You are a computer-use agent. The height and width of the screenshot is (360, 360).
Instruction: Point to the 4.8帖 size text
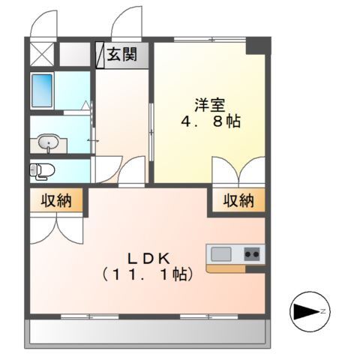coord(209,121)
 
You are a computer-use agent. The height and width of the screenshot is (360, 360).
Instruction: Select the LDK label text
coord(146,256)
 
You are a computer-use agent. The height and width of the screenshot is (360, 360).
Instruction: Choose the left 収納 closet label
coord(55,201)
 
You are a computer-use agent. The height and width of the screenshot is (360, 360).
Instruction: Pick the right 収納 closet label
coord(238,200)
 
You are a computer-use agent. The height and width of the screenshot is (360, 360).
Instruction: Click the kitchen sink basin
coord(220,254)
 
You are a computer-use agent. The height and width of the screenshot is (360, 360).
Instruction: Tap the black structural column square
coord(257,44)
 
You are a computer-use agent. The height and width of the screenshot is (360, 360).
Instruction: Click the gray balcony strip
coord(146,332)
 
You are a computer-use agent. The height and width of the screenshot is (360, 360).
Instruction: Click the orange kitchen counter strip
coord(234,268)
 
